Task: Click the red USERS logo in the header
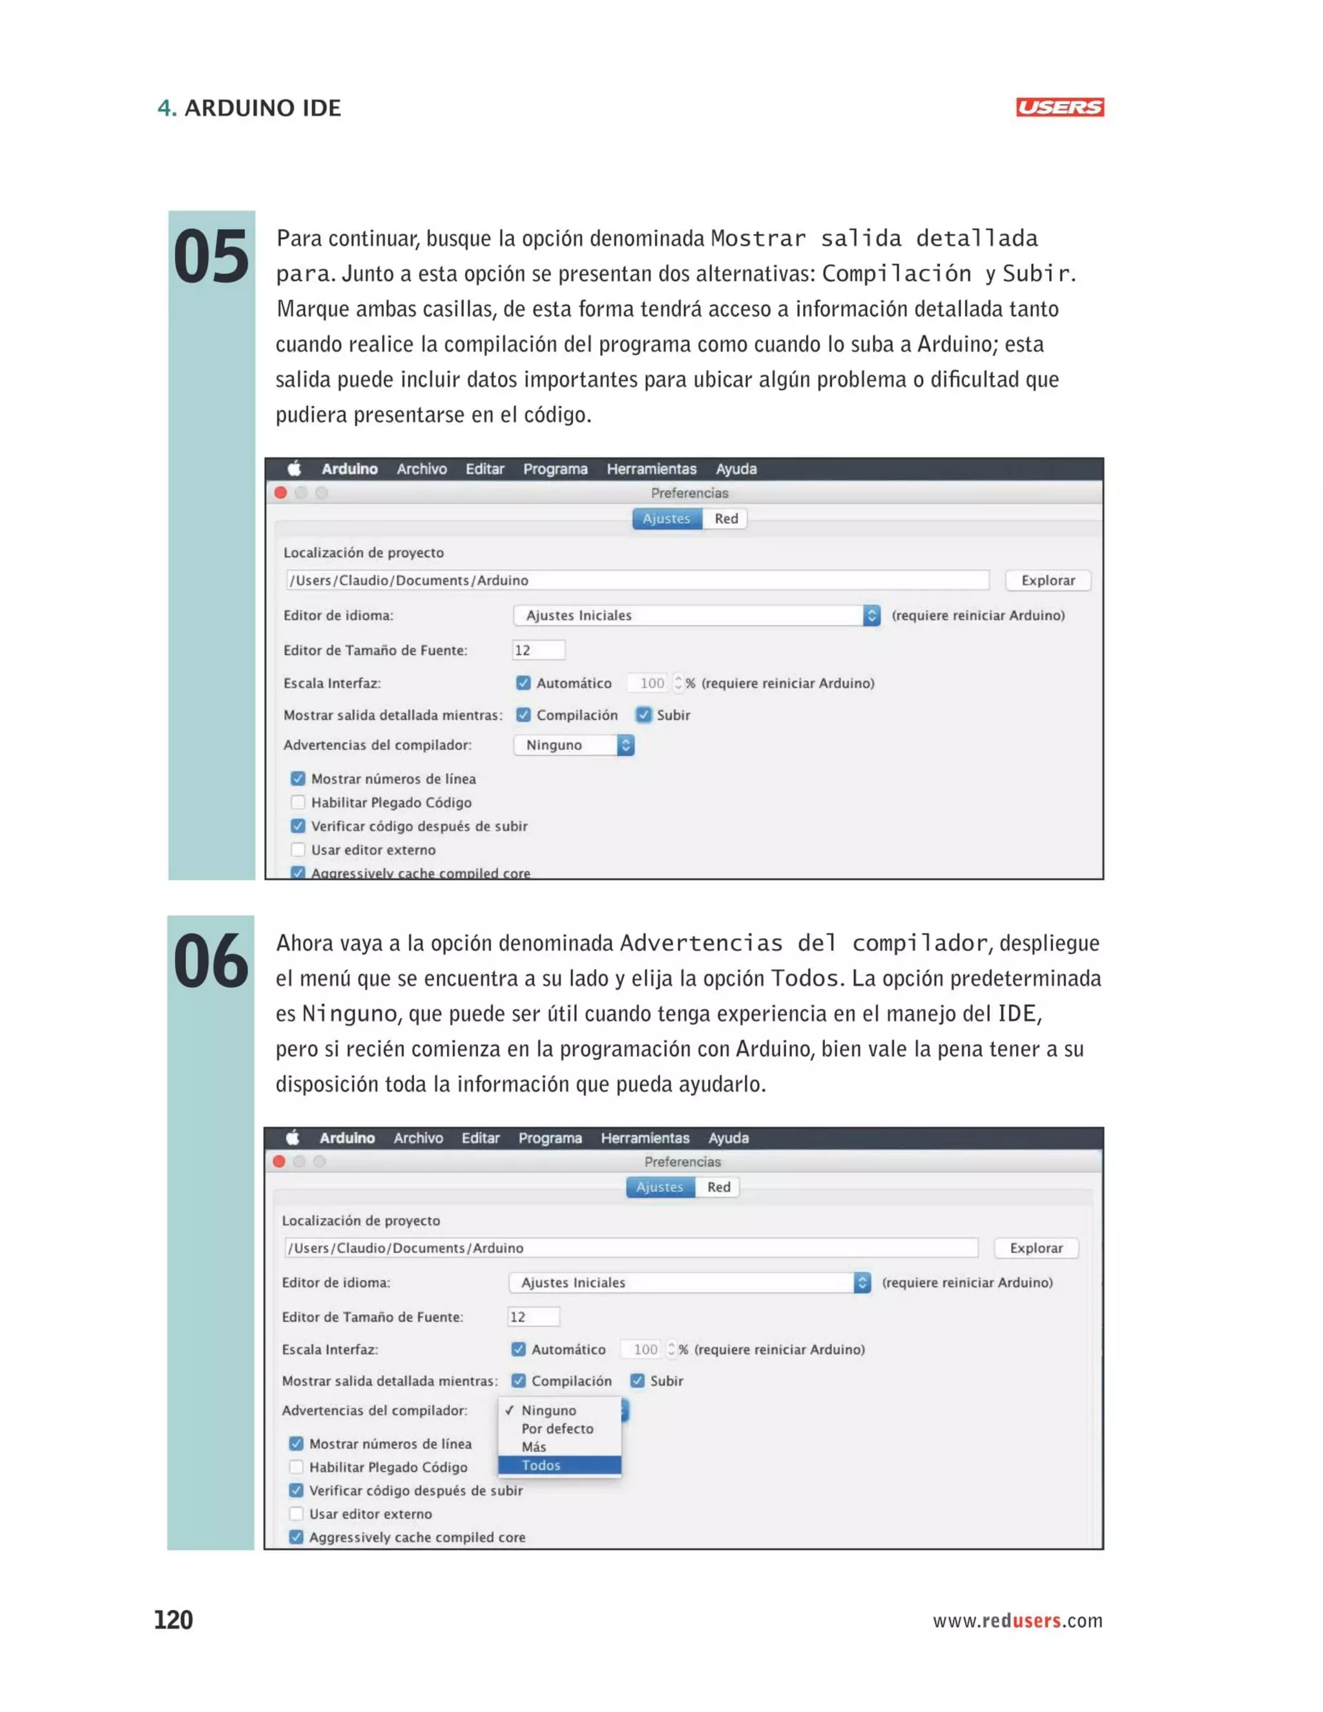point(1059,107)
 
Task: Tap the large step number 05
point(211,258)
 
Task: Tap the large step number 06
point(211,962)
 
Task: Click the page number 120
point(173,1620)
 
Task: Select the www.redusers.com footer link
point(1017,1620)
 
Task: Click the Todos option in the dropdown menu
point(559,1465)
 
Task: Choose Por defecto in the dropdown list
point(557,1428)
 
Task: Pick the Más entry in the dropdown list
point(534,1446)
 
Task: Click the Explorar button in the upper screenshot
point(1047,580)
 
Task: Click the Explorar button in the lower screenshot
point(1036,1248)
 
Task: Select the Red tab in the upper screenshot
point(725,518)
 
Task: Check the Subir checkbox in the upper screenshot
point(643,715)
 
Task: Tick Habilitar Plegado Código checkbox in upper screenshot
point(298,802)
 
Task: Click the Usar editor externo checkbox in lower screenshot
point(297,1514)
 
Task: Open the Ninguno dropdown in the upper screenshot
point(574,745)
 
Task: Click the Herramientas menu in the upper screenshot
point(651,469)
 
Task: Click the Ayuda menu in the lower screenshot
point(728,1138)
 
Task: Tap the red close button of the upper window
point(280,492)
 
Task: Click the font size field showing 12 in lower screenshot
point(533,1317)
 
